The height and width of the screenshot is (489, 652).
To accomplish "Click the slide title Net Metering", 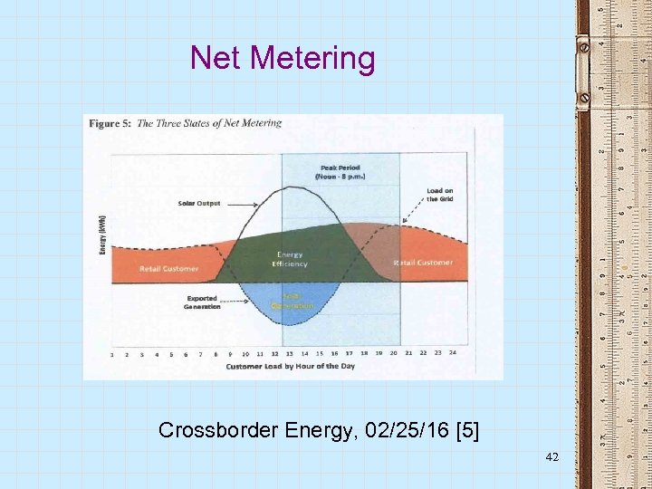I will tap(282, 58).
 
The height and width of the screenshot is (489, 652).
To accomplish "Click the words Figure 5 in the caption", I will tap(110, 124).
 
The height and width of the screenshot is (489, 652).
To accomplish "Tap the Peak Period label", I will tap(339, 172).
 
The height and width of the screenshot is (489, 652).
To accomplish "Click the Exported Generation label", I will tap(202, 302).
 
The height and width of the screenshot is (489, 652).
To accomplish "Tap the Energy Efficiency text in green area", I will tap(291, 260).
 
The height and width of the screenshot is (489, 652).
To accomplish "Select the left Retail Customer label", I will tap(168, 269).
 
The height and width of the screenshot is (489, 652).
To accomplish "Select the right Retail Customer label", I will tap(423, 263).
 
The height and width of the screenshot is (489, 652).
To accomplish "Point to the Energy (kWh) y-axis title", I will tap(102, 235).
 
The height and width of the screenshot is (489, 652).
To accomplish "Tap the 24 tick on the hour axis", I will tap(452, 353).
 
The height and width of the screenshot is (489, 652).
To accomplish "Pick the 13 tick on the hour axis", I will tap(289, 353).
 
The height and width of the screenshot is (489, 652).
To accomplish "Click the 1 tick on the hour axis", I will tap(111, 354).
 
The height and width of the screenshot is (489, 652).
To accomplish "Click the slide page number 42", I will tap(552, 459).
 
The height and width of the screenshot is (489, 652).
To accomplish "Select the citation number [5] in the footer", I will tap(466, 430).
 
